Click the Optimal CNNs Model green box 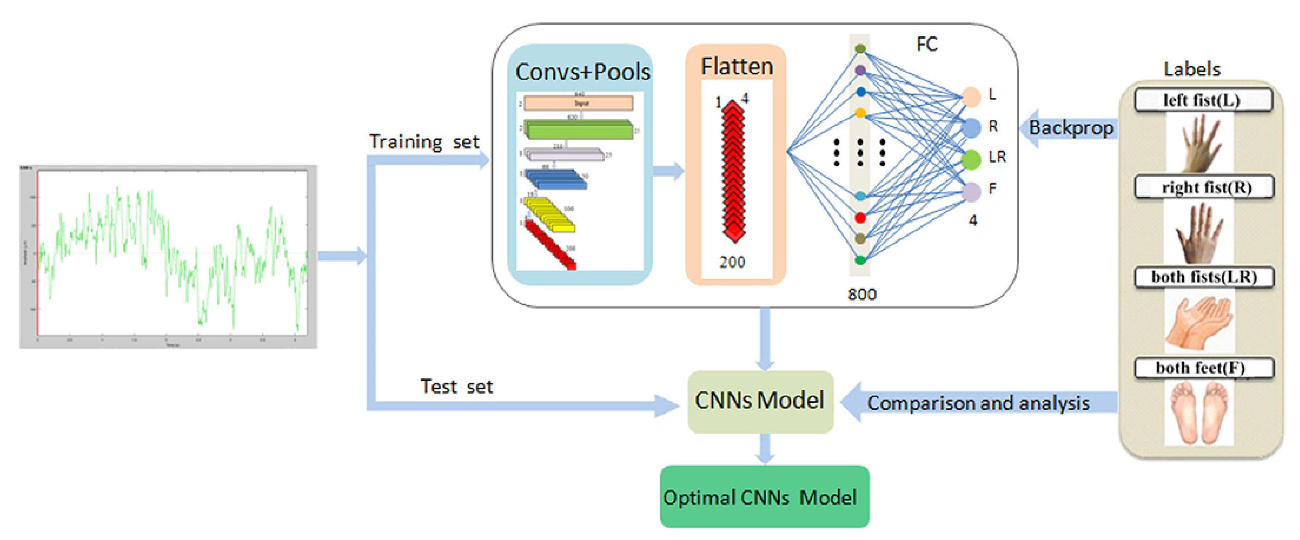[764, 497]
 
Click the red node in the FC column [860, 218]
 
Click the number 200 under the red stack [732, 262]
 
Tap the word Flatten [737, 67]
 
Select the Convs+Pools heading [582, 72]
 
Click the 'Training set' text [424, 142]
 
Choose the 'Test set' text [456, 387]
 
